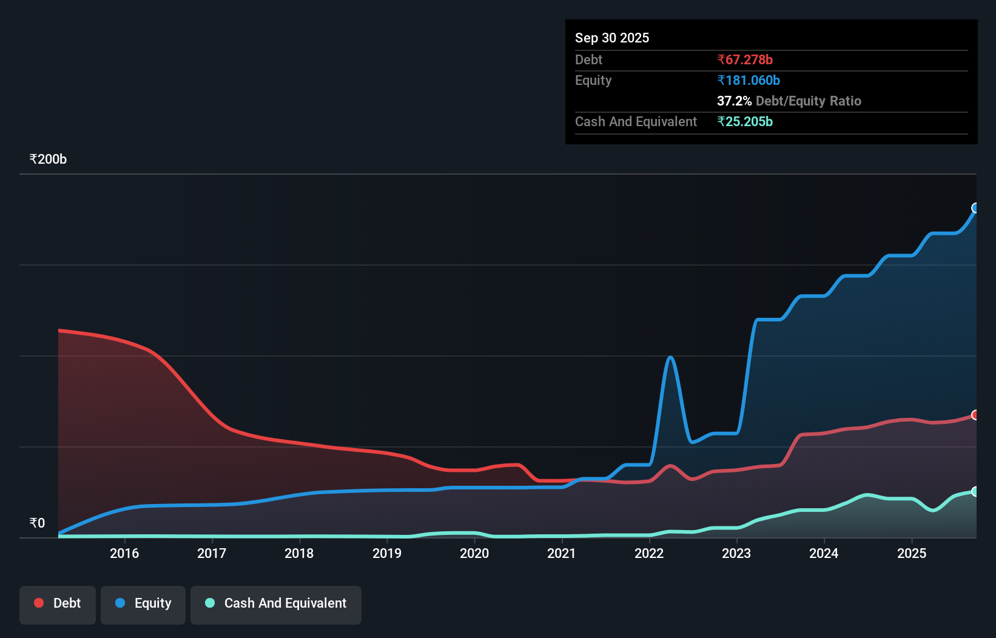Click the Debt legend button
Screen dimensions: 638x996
click(58, 603)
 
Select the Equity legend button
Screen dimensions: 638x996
click(143, 603)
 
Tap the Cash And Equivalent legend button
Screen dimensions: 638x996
click(276, 603)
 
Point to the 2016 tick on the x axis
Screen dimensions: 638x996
click(124, 553)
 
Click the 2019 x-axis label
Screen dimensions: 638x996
click(387, 553)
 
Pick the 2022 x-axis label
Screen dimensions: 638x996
click(649, 553)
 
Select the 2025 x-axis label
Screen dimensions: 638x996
click(912, 553)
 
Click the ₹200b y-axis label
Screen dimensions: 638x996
click(48, 159)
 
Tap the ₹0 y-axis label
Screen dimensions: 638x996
click(37, 523)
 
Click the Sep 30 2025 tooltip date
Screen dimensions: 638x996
click(612, 38)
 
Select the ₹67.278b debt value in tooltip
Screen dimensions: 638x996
click(745, 60)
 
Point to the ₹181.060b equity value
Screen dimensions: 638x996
click(749, 81)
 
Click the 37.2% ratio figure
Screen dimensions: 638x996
click(734, 101)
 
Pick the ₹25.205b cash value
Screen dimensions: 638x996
click(745, 122)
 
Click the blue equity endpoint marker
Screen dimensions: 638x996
click(975, 208)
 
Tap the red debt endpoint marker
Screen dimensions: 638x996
click(975, 415)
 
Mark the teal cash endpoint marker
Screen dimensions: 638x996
click(975, 491)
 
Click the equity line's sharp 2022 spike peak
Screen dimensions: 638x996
click(670, 357)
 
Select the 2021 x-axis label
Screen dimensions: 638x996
click(562, 553)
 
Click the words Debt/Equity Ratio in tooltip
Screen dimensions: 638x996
click(809, 101)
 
